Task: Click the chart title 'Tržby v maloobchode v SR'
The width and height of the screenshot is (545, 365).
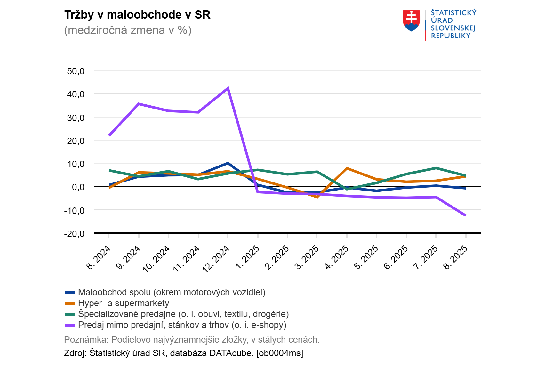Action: point(137,15)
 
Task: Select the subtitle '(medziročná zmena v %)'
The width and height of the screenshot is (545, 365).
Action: point(128,30)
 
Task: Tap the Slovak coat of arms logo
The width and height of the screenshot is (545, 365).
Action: point(411,20)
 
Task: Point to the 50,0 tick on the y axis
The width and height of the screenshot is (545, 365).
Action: point(76,71)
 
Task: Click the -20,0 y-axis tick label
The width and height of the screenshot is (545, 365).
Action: point(74,234)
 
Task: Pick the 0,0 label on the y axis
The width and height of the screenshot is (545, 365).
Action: point(78,187)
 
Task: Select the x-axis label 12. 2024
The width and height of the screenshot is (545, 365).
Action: point(216,258)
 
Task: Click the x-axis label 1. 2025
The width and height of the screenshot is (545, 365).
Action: point(247,257)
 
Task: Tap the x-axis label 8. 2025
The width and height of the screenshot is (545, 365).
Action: point(456,257)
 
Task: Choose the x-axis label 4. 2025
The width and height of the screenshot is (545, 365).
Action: point(337,257)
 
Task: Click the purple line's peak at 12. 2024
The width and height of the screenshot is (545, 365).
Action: point(228,88)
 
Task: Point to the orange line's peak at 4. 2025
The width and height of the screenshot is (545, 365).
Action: point(347,168)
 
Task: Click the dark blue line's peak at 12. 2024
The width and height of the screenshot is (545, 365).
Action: point(228,163)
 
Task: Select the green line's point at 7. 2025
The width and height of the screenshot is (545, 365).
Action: point(436,168)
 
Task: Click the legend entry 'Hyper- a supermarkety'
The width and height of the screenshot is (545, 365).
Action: point(123,303)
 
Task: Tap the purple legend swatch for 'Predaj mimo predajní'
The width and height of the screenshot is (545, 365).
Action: point(70,325)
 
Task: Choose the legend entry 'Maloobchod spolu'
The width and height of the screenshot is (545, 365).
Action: point(172,292)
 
